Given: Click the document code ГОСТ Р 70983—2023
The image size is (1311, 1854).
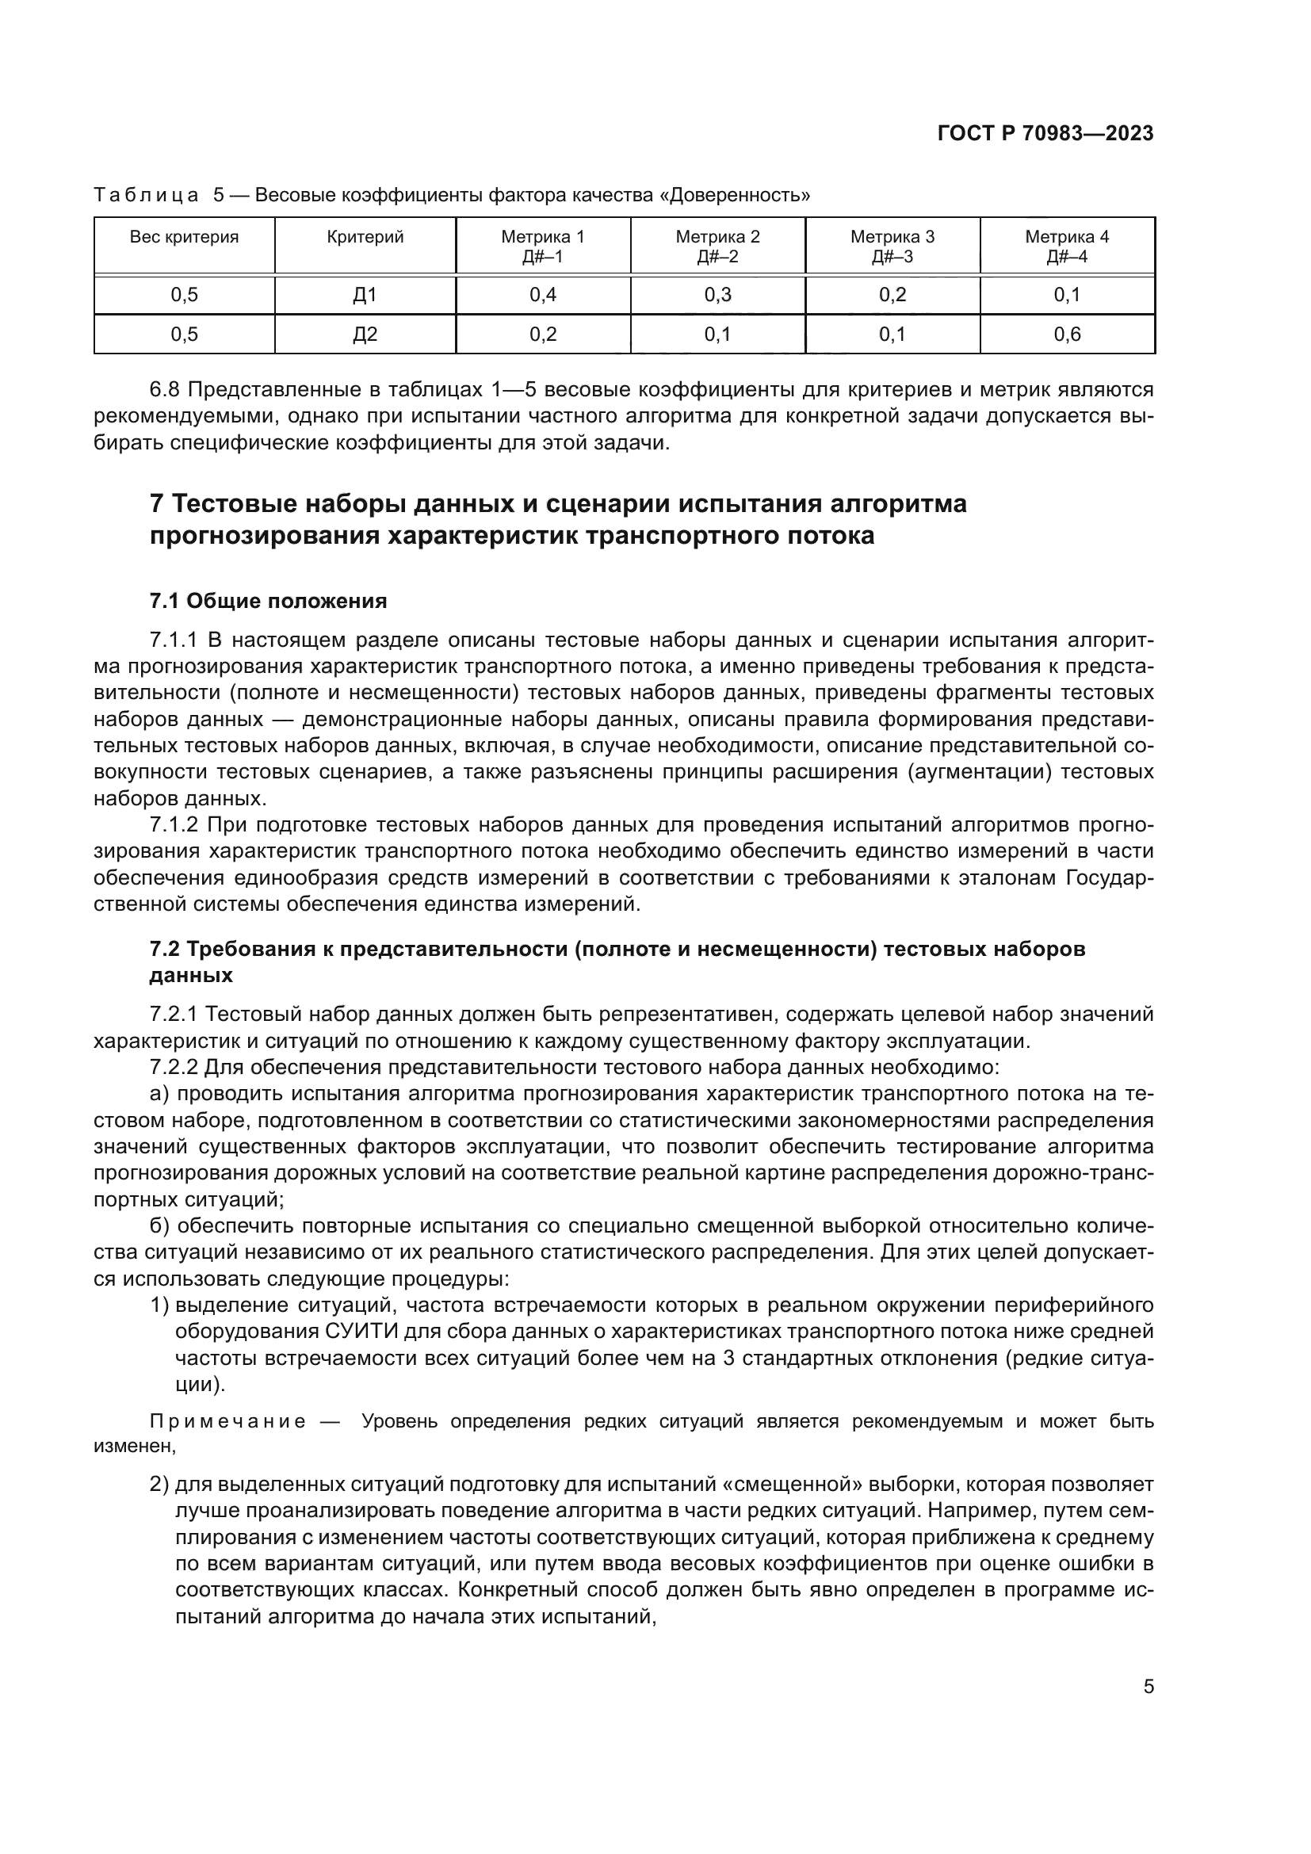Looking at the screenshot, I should pyautogui.click(x=1045, y=133).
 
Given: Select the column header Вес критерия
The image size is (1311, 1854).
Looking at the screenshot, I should pyautogui.click(x=184, y=238).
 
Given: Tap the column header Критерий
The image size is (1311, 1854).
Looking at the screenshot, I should pyautogui.click(x=365, y=238).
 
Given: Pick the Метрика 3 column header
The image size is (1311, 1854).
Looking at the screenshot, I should pyautogui.click(x=892, y=247).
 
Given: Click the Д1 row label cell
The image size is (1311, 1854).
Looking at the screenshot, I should pyautogui.click(x=365, y=295).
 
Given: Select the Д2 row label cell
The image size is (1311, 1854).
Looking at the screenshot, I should pyautogui.click(x=365, y=334).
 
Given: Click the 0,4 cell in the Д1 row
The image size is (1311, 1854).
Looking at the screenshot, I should pyautogui.click(x=542, y=295).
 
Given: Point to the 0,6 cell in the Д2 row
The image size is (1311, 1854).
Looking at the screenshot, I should pyautogui.click(x=1066, y=334).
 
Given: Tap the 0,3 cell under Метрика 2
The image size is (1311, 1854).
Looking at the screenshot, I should pyautogui.click(x=717, y=295).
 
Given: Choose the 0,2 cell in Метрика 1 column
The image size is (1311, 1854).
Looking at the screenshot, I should pyautogui.click(x=542, y=334).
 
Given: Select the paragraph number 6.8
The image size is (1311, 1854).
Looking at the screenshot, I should pyautogui.click(x=166, y=390).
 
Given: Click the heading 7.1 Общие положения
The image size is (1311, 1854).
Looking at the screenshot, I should pyautogui.click(x=268, y=601).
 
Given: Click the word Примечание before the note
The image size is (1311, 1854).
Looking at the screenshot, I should pyautogui.click(x=227, y=1422).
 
